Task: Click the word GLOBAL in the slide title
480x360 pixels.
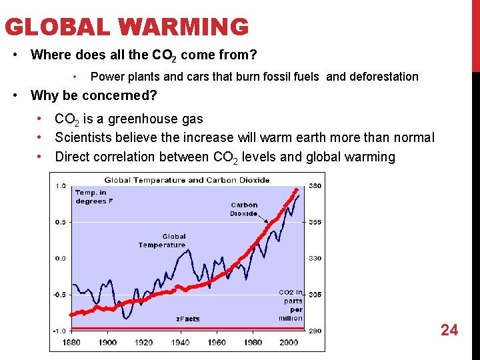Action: [58, 27]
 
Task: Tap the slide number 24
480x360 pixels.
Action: [449, 329]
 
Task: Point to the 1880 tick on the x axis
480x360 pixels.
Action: [71, 342]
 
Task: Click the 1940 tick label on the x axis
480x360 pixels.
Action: [180, 342]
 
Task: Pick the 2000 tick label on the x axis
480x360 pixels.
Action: [289, 342]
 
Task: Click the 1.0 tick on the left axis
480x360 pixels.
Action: [60, 186]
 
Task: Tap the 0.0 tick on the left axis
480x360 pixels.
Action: [60, 258]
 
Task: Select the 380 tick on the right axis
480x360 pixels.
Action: [315, 186]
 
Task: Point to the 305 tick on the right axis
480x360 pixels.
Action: [315, 294]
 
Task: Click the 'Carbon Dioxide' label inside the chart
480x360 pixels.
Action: [244, 209]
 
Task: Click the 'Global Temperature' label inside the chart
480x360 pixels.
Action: [162, 241]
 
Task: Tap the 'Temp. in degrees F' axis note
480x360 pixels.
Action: [91, 197]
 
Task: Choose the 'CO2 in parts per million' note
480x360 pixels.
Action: [291, 305]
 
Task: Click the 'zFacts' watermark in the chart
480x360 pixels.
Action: [187, 319]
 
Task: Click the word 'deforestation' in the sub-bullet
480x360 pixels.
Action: [382, 77]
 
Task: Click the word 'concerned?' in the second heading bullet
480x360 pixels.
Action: [123, 95]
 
